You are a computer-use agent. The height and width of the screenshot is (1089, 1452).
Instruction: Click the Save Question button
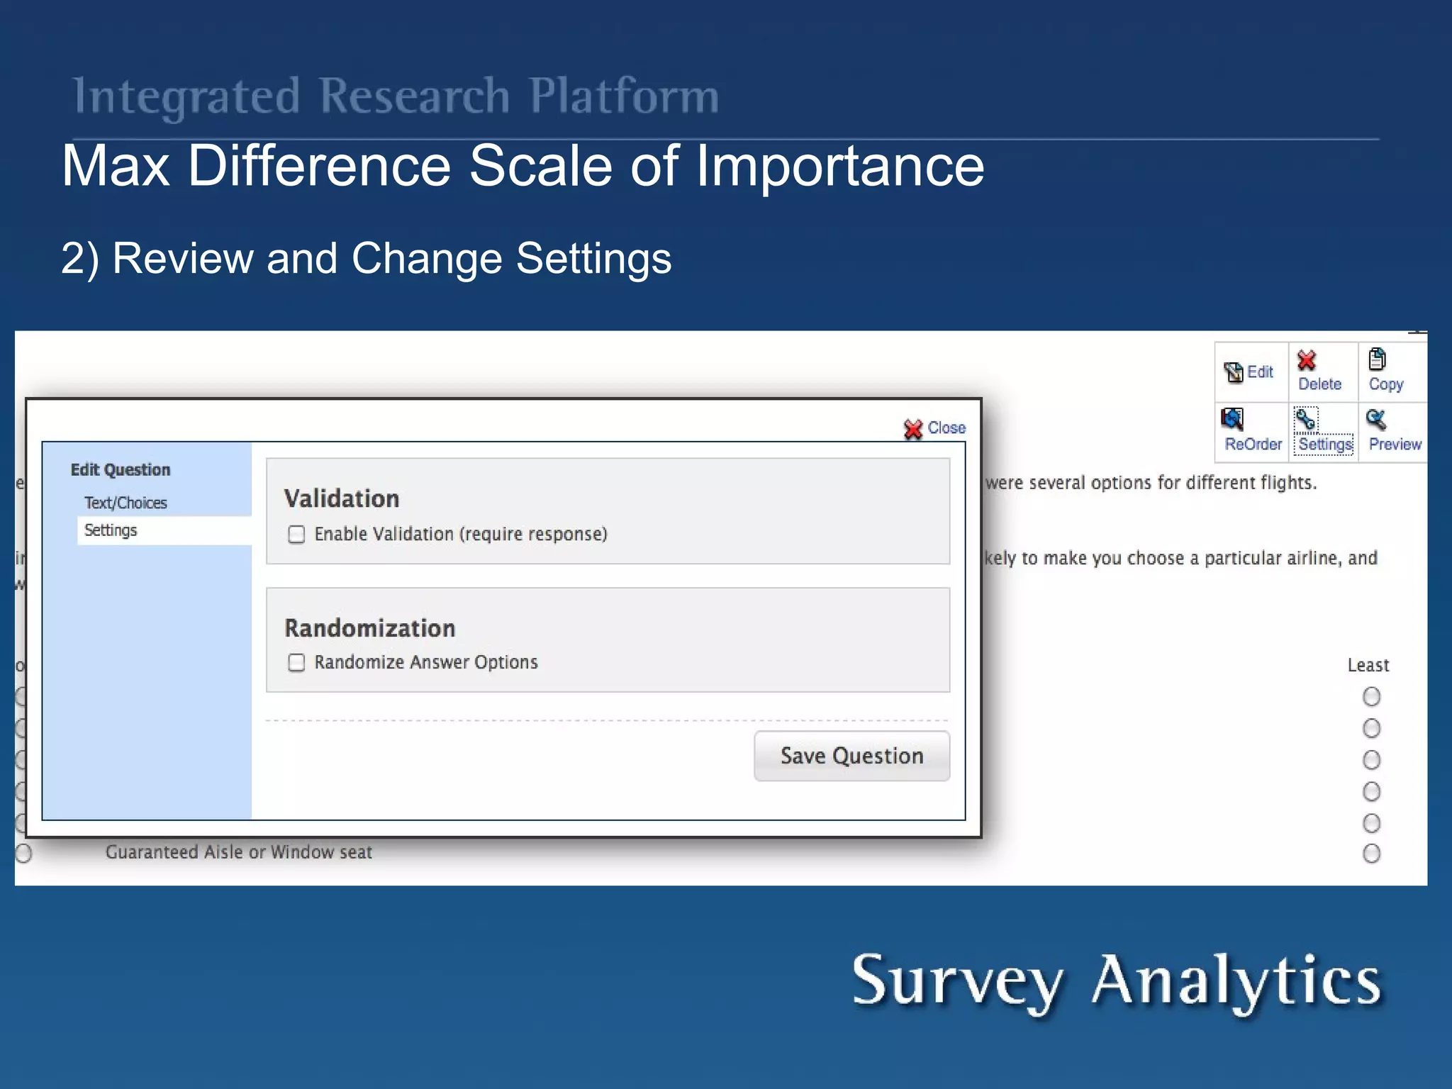851,756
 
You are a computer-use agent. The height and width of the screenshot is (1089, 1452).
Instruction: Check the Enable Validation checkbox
296,534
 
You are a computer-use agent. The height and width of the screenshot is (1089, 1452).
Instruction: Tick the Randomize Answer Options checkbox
296,662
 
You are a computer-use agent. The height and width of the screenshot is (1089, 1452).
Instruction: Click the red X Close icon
913,429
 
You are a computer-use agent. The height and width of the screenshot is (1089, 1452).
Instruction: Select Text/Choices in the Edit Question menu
125,503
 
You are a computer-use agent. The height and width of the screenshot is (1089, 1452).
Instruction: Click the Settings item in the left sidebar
111,530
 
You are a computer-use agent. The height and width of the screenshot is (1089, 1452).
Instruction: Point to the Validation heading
342,498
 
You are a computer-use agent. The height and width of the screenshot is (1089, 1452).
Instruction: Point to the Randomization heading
369,628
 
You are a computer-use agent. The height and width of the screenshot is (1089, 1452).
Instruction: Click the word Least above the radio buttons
1368,665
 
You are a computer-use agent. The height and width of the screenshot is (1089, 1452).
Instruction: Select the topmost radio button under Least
1371,696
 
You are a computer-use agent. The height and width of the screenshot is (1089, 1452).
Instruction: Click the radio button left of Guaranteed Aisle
23,853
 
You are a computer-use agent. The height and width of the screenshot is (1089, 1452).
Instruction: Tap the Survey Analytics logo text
1116,981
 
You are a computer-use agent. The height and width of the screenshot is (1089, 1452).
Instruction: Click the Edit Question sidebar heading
121,470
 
